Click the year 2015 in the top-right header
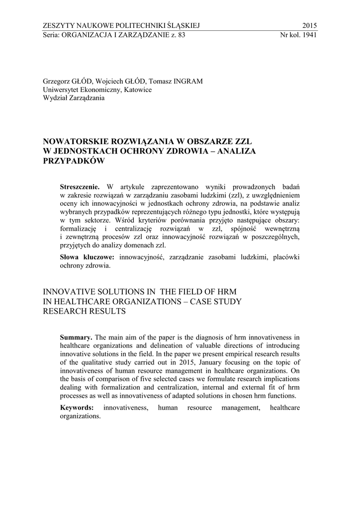click(309, 26)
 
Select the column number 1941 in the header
click(309, 35)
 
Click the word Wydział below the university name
click(58, 97)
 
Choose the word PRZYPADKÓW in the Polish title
click(75, 161)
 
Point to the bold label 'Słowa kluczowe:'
click(87, 257)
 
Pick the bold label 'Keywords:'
click(77, 408)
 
